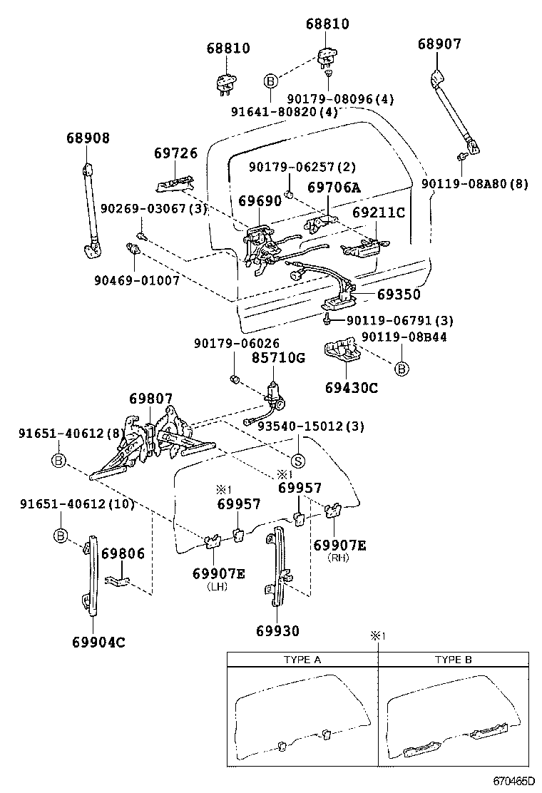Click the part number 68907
click(x=439, y=44)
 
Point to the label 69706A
click(x=334, y=188)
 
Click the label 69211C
click(x=379, y=213)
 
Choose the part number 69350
click(x=399, y=294)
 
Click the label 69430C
click(x=351, y=388)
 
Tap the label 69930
click(x=277, y=630)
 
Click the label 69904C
click(x=98, y=641)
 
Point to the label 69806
click(x=123, y=553)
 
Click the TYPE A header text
click(x=302, y=660)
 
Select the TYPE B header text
click(x=454, y=660)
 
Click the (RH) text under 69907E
click(x=339, y=558)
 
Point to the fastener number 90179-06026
click(x=236, y=343)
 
